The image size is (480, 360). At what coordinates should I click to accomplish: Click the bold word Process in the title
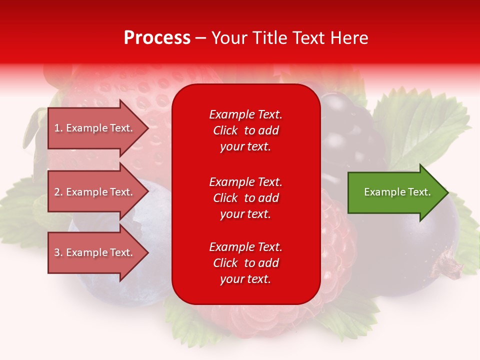click(x=157, y=38)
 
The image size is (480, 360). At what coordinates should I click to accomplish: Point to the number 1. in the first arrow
click(x=58, y=128)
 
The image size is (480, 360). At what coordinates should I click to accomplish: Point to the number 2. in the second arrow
click(x=58, y=192)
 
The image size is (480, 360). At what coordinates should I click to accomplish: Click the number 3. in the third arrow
click(x=58, y=252)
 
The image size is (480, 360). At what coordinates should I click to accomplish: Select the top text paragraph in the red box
click(x=245, y=130)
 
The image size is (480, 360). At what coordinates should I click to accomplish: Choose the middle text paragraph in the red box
click(x=245, y=198)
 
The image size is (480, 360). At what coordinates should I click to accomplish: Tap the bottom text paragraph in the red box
click(x=245, y=263)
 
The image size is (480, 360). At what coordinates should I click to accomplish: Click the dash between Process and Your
click(x=200, y=38)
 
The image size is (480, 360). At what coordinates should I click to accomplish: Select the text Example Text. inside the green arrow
click(x=397, y=192)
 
